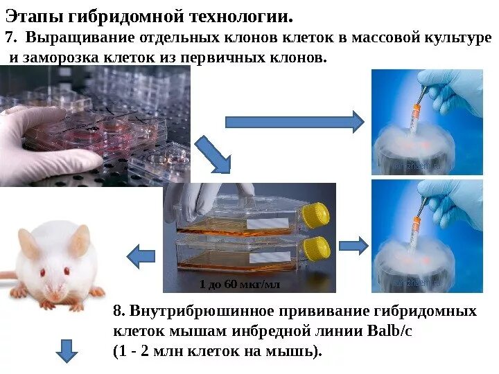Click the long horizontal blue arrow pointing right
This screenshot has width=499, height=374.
294,122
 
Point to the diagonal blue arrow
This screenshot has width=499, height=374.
213,155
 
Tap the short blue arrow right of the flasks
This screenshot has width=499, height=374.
353,244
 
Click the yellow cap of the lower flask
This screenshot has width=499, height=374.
317,247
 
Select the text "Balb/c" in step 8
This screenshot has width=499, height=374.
387,330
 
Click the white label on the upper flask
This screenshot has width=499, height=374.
268,224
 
